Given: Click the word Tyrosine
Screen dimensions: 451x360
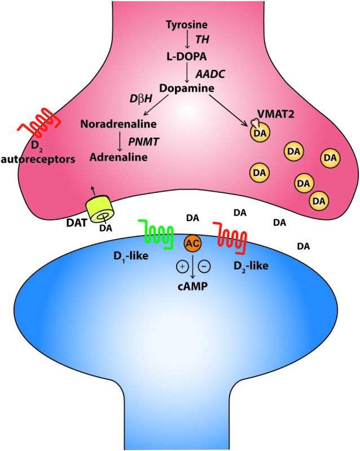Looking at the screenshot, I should point(186,25).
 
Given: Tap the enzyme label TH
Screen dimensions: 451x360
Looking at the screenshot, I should point(202,41).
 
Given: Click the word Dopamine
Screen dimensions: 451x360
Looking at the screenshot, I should point(186,89).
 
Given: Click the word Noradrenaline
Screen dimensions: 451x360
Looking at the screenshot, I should point(117,123).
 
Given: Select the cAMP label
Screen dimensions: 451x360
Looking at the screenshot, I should point(192,286).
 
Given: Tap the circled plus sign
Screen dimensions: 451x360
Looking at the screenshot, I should point(182,264).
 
